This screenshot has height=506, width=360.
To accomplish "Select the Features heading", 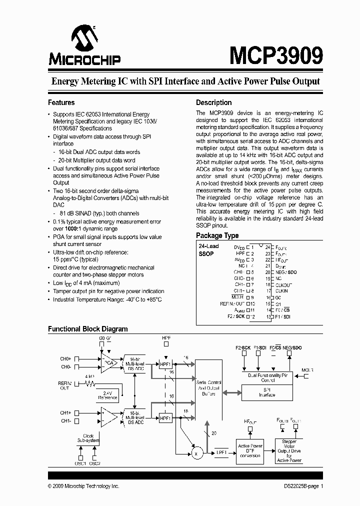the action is pos(61,102).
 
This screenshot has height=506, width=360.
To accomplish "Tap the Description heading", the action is pos(213,102).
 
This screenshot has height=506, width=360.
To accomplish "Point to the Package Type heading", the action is pos(217,235).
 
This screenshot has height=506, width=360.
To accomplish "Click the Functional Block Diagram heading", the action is pos(87,329).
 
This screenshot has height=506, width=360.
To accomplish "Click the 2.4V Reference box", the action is pos(107,394).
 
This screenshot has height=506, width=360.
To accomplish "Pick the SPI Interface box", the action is pos(267,392).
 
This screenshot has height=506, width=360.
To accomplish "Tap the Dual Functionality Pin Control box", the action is pos(267,376).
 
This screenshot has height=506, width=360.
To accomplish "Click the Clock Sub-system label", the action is pos(88,438).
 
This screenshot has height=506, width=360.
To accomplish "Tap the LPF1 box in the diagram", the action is pos(221,452).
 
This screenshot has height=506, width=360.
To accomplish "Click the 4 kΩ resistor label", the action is pos(89,376).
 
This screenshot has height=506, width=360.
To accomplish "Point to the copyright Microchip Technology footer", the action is pos(83,486).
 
